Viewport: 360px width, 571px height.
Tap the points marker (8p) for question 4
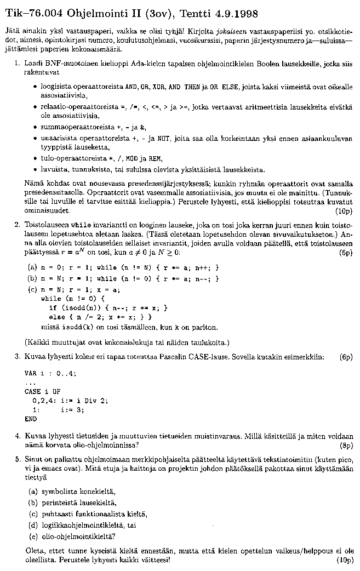point(345,445)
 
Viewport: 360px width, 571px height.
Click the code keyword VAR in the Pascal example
point(30,373)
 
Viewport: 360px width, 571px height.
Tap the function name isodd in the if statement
point(70,308)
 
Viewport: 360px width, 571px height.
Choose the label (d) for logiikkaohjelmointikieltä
point(32,525)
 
